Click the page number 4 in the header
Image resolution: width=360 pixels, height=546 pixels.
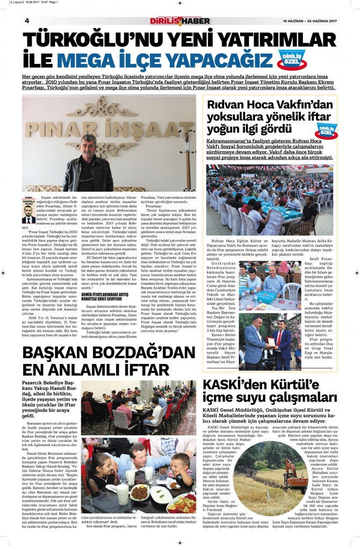[26, 20]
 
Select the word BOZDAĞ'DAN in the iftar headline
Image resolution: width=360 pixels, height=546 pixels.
[147, 354]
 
